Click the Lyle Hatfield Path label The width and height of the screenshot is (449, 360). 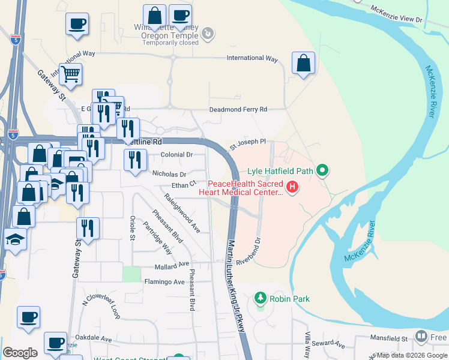click(280, 171)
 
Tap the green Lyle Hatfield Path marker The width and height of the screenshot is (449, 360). click(322, 171)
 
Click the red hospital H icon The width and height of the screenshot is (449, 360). click(292, 188)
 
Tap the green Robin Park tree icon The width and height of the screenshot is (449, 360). click(260, 298)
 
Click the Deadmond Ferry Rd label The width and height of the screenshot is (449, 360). click(238, 110)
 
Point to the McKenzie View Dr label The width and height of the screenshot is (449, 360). click(397, 14)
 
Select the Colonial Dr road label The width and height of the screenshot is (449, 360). click(176, 154)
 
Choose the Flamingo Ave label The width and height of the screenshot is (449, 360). click(164, 281)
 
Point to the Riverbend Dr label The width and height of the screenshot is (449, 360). click(249, 253)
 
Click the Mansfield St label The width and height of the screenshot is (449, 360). click(387, 339)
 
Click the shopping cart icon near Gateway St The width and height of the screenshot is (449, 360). click(70, 74)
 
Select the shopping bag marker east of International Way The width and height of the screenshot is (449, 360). click(304, 63)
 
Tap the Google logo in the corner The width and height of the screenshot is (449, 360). click(20, 353)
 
